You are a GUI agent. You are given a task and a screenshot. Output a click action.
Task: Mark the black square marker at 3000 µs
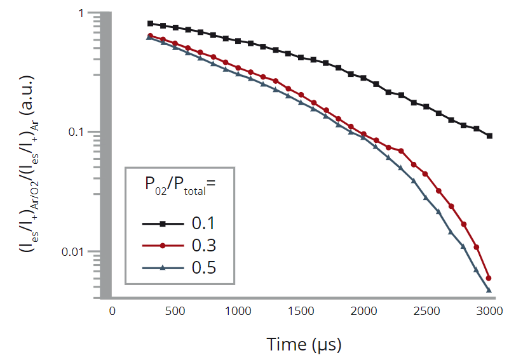(x=489, y=136)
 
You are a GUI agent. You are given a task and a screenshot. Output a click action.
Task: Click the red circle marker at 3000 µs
(x=489, y=278)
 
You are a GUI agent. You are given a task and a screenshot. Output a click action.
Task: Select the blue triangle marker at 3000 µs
(x=489, y=290)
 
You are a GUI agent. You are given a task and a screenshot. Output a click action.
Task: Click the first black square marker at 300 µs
(x=150, y=23)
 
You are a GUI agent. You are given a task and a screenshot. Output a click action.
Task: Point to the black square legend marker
(x=163, y=223)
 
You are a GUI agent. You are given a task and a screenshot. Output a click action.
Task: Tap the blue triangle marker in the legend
(x=163, y=267)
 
